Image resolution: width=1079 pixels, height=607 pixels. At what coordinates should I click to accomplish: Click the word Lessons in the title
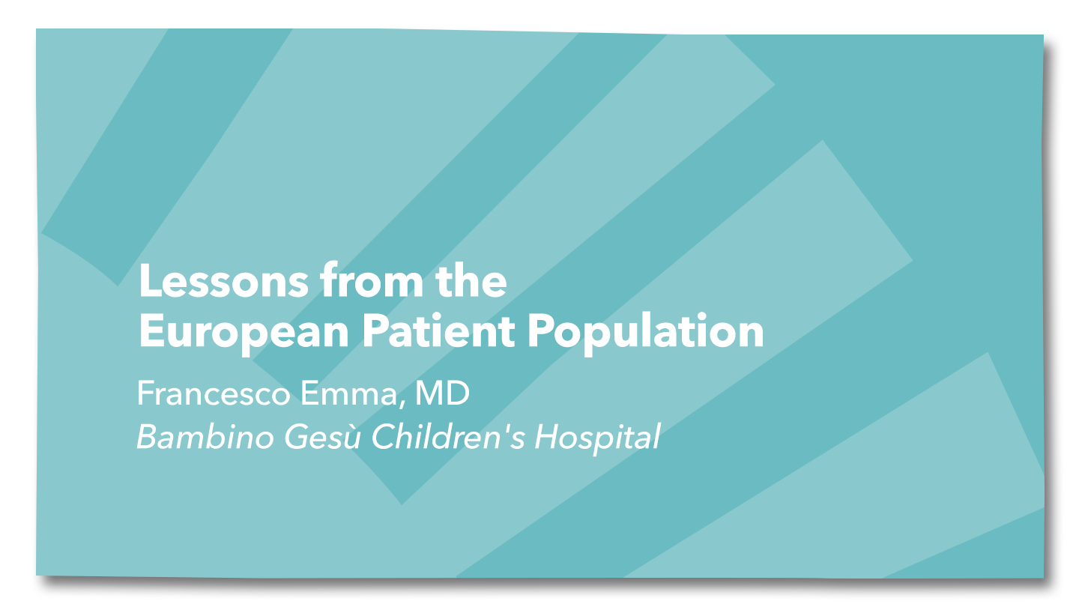(223, 281)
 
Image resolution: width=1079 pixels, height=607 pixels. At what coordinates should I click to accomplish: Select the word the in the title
(471, 280)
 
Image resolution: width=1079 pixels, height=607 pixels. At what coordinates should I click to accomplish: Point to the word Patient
(439, 330)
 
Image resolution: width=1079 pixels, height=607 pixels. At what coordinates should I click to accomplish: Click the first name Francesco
(214, 393)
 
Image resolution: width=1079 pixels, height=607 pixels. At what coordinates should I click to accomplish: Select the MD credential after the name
(442, 393)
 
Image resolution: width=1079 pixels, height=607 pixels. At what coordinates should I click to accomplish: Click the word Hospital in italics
(597, 438)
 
